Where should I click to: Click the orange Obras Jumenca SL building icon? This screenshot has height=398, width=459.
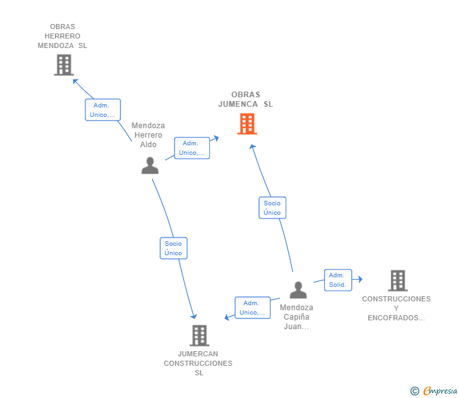click(x=247, y=124)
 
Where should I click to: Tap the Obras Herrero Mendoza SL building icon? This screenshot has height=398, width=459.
click(x=64, y=65)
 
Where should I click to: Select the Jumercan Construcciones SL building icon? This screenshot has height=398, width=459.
click(x=199, y=335)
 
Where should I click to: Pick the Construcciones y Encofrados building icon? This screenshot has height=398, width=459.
click(x=397, y=280)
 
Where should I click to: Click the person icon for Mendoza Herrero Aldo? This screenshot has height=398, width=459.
click(x=150, y=166)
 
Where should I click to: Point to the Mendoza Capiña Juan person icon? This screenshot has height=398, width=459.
click(x=298, y=290)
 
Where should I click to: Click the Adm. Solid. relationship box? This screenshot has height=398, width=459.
click(x=337, y=280)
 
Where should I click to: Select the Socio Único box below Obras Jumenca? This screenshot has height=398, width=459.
click(x=272, y=208)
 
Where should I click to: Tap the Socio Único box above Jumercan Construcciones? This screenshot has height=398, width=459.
click(x=173, y=248)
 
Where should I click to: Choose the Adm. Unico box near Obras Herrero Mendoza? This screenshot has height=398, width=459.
click(x=103, y=110)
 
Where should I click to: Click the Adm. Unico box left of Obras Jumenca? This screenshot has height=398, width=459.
click(x=192, y=148)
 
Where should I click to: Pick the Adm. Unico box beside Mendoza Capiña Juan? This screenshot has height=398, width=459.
click(x=252, y=308)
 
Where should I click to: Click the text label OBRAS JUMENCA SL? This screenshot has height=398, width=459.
click(x=246, y=99)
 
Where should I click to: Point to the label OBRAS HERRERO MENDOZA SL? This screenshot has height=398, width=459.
click(x=62, y=36)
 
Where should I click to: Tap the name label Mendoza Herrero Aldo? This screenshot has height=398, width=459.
click(x=148, y=135)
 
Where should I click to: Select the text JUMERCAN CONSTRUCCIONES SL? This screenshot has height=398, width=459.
click(x=198, y=363)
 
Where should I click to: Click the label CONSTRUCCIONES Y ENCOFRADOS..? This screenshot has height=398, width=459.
click(x=396, y=308)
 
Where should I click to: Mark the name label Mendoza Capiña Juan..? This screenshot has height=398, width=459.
click(x=296, y=317)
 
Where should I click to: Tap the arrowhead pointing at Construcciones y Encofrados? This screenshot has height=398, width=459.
click(x=359, y=279)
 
